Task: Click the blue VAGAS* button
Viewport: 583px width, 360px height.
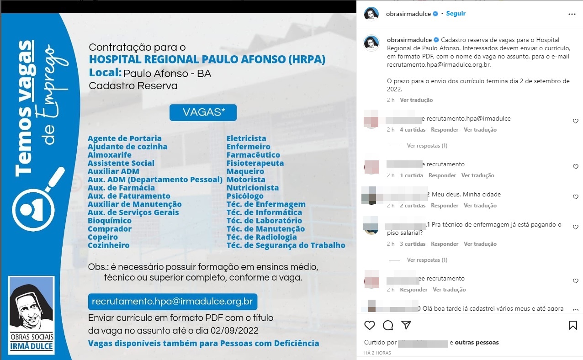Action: [203, 113]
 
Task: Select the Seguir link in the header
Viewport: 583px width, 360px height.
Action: [456, 14]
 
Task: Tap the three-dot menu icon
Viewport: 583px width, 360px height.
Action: [572, 14]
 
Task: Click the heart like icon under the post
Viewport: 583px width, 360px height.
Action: [370, 325]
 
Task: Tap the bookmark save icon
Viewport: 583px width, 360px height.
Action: [572, 325]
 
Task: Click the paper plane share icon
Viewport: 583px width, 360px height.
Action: [406, 325]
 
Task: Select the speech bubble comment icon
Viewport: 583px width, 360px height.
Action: [388, 325]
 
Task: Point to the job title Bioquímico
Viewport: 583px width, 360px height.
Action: [110, 221]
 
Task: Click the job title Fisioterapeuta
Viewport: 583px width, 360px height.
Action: [255, 163]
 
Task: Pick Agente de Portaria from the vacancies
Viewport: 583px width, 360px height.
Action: [125, 138]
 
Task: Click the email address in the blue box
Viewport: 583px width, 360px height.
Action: [172, 302]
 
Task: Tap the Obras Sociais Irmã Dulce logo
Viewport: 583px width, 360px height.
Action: [32, 315]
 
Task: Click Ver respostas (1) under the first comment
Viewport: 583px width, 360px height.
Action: [427, 146]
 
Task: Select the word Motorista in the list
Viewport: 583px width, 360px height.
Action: [246, 180]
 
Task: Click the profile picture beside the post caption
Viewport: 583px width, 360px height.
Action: [371, 43]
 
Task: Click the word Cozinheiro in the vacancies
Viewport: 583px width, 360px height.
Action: [109, 245]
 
